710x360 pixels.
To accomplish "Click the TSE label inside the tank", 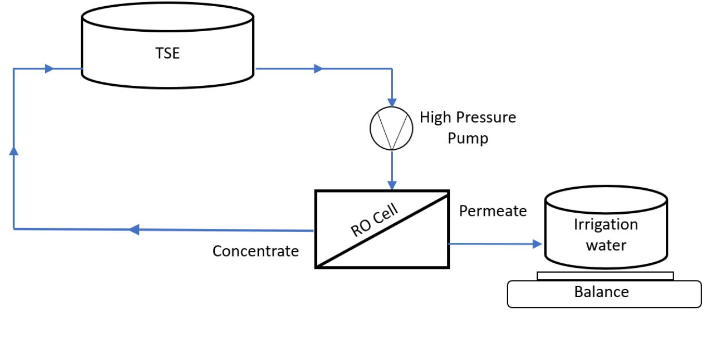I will coord(167,53).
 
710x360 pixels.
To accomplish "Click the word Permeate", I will coord(493,211).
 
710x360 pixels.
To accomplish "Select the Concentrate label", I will coord(255,251).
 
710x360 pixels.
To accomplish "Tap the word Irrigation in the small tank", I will coord(605,224).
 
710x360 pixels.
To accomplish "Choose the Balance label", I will coord(601,292).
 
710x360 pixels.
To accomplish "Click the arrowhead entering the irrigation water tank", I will coord(536,243).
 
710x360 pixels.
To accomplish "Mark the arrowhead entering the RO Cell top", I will coord(392,185).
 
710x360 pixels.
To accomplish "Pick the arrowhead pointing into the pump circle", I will coord(392,101).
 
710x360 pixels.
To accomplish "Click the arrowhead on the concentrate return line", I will coord(134,229).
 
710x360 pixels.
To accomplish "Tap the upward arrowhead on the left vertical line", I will coord(14,150).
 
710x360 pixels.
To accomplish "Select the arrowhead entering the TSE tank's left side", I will coord(49,68).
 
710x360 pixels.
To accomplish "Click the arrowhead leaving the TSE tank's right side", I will coord(318,68).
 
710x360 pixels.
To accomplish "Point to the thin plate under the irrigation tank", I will coord(605,276).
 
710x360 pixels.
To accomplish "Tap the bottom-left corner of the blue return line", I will coord(14,228).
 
